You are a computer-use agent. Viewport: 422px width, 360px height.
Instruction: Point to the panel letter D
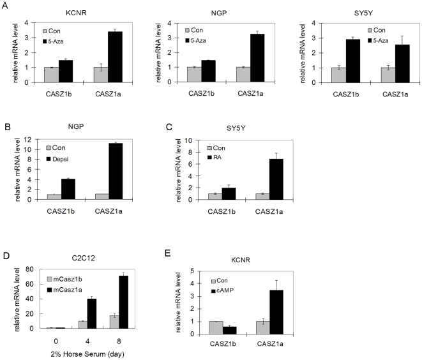tap(6, 256)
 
